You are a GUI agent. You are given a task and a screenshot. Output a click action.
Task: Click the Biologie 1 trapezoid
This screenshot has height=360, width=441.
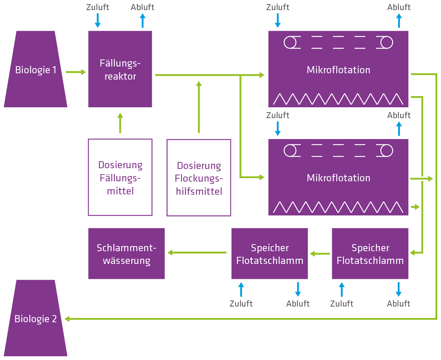(36, 70)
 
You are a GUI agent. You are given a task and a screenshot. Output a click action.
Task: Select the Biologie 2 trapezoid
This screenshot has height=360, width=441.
(36, 319)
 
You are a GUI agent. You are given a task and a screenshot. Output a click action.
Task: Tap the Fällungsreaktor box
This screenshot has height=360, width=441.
(120, 69)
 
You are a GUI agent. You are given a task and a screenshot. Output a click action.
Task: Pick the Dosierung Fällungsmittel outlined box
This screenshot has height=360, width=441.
(120, 178)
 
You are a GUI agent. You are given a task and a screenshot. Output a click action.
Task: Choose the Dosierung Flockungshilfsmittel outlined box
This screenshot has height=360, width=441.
(199, 178)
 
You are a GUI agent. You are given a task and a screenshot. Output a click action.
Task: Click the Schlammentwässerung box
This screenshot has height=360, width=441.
(126, 254)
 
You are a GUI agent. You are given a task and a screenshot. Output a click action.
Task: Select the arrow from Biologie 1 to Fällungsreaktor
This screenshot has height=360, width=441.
(76, 72)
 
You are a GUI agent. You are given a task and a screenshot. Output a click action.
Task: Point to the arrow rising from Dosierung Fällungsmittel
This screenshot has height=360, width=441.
(120, 123)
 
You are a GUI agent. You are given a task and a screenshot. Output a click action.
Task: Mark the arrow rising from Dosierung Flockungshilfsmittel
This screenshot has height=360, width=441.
(199, 107)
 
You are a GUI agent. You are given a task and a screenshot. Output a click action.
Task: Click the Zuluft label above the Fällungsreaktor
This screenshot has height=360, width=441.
(98, 7)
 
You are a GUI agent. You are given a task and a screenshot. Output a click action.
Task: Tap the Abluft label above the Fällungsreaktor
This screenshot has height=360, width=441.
(143, 7)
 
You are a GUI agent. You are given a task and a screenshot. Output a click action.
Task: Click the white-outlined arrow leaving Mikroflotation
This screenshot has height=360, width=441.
(422, 179)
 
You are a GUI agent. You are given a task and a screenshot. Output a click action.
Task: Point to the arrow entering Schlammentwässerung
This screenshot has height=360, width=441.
(196, 253)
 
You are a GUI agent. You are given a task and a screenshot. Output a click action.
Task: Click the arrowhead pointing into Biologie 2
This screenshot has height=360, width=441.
(68, 319)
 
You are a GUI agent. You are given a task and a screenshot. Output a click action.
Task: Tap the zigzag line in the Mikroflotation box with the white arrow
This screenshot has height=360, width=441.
(338, 206)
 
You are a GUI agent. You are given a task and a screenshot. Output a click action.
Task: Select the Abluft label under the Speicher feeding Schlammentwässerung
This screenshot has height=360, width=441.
(298, 303)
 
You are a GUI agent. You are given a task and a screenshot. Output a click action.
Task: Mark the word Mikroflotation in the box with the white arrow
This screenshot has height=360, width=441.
(338, 178)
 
